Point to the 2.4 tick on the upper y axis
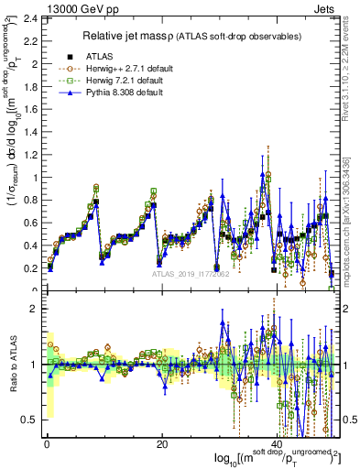(29, 18)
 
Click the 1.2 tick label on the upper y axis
(29, 155)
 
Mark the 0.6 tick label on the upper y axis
(29, 224)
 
